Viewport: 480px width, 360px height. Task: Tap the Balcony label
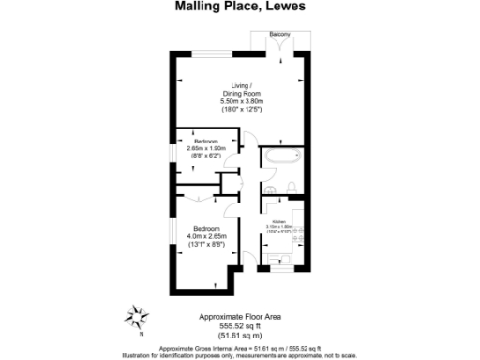tap(279, 35)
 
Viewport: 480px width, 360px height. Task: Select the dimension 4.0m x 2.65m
tap(208, 236)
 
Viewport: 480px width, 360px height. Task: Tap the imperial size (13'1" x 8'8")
tap(208, 245)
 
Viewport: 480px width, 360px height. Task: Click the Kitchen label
tap(279, 221)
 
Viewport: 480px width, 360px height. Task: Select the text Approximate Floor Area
tap(240, 317)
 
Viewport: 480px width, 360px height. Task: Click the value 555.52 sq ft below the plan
tap(240, 325)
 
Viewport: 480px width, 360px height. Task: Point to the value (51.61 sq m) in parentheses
tap(240, 335)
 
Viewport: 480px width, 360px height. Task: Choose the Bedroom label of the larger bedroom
tap(207, 228)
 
